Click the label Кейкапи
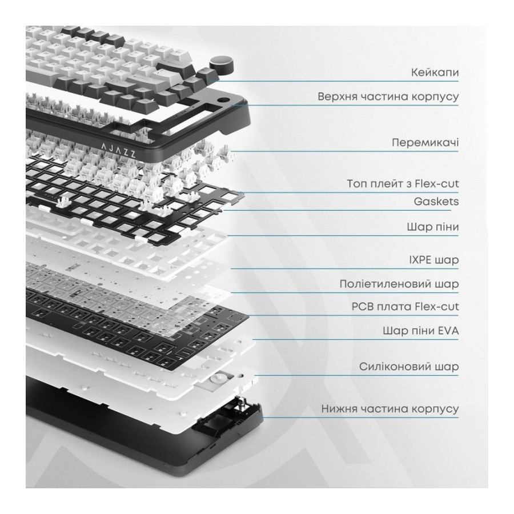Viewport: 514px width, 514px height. [435, 72]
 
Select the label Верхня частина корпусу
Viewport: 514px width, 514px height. [388, 97]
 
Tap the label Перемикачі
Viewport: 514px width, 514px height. [425, 143]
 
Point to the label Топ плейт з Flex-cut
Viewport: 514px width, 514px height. [403, 183]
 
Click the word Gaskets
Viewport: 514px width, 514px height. [436, 201]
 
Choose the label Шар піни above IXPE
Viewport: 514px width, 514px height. [433, 227]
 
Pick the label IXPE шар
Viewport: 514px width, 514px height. [433, 260]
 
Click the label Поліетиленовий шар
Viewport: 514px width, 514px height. [399, 284]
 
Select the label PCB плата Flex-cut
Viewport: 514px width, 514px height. [405, 307]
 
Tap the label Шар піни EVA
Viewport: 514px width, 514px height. [420, 331]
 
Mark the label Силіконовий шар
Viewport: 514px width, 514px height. [409, 367]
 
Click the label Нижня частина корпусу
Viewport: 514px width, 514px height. [389, 409]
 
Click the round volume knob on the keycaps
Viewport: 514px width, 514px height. [222, 64]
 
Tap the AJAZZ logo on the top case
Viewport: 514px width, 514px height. [118, 150]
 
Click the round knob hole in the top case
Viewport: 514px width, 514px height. [223, 101]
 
